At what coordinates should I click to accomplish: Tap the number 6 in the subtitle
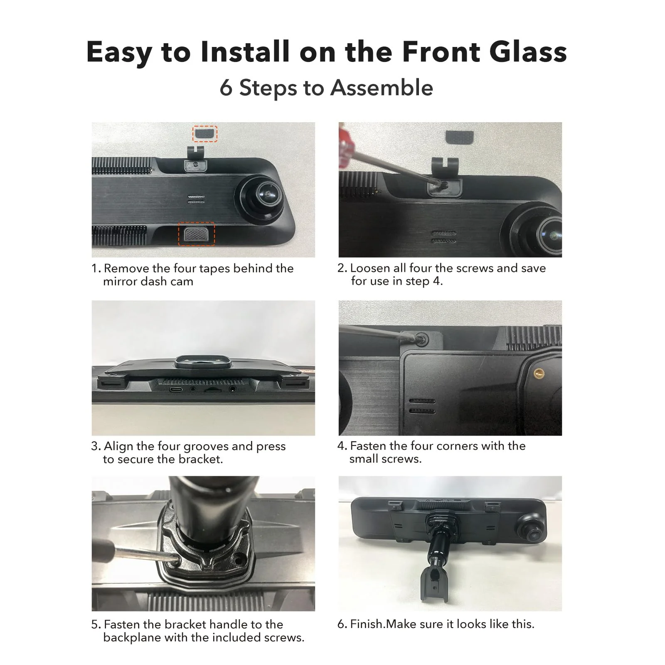(226, 88)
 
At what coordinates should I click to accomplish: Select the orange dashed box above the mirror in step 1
(204, 134)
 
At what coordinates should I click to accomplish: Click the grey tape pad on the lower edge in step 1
(196, 234)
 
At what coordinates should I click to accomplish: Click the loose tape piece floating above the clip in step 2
(459, 136)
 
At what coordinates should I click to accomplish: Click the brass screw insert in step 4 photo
(539, 372)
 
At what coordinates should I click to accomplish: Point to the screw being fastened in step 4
(422, 339)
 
